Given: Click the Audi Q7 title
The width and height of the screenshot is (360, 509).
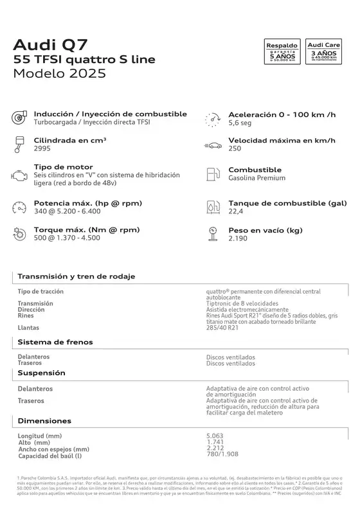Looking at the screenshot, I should [x=51, y=44].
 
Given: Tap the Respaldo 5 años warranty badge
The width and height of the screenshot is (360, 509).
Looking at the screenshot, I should [x=283, y=52].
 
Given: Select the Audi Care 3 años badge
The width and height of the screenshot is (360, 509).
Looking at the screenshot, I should [x=324, y=52].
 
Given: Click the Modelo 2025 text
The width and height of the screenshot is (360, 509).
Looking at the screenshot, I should [x=60, y=73].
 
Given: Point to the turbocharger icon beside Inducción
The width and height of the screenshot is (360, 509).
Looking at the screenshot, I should [x=19, y=118].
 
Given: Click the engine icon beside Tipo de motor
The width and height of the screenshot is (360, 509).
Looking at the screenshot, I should [x=19, y=175].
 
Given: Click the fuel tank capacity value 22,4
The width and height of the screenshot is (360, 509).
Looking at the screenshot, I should [x=236, y=211].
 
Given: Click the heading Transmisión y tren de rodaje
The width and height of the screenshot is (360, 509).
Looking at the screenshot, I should [x=76, y=276].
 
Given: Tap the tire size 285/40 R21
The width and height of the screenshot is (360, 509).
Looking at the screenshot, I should [x=222, y=327].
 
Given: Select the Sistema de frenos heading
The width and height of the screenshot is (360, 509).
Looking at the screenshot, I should [x=55, y=342].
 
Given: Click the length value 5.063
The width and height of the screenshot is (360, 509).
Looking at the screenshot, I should [x=215, y=436].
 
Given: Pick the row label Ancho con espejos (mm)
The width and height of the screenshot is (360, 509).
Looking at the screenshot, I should [x=53, y=449].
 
